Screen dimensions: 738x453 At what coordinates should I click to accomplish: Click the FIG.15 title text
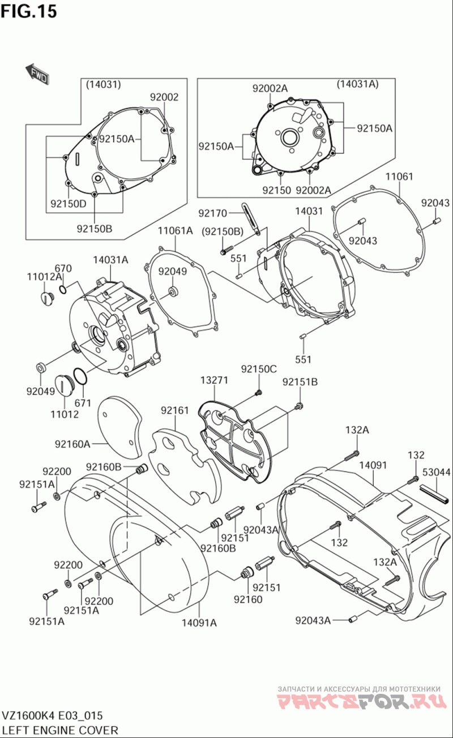coord(29,11)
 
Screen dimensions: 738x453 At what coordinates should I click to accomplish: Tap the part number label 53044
coord(437,471)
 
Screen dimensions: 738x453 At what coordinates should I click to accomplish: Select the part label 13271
coord(214,380)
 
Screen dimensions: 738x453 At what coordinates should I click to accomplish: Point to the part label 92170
coord(212,213)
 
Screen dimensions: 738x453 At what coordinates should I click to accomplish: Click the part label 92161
coord(174,410)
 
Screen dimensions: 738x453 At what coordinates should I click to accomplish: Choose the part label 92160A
coord(72,444)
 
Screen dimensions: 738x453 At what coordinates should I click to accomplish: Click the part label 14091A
coord(199,623)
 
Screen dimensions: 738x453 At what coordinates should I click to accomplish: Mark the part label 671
coord(83,402)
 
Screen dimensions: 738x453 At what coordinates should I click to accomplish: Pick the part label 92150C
coord(259,369)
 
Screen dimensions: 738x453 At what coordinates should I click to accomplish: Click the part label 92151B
coord(300,382)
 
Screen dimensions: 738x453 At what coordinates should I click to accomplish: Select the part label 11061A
coord(175,230)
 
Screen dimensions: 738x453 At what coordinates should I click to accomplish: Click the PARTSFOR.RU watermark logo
coord(359,702)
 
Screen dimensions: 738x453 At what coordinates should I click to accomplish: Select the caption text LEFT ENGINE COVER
coord(59,730)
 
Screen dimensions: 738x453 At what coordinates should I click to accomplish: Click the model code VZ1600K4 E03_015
coord(52,716)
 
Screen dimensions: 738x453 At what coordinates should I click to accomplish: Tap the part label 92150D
coord(68,204)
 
